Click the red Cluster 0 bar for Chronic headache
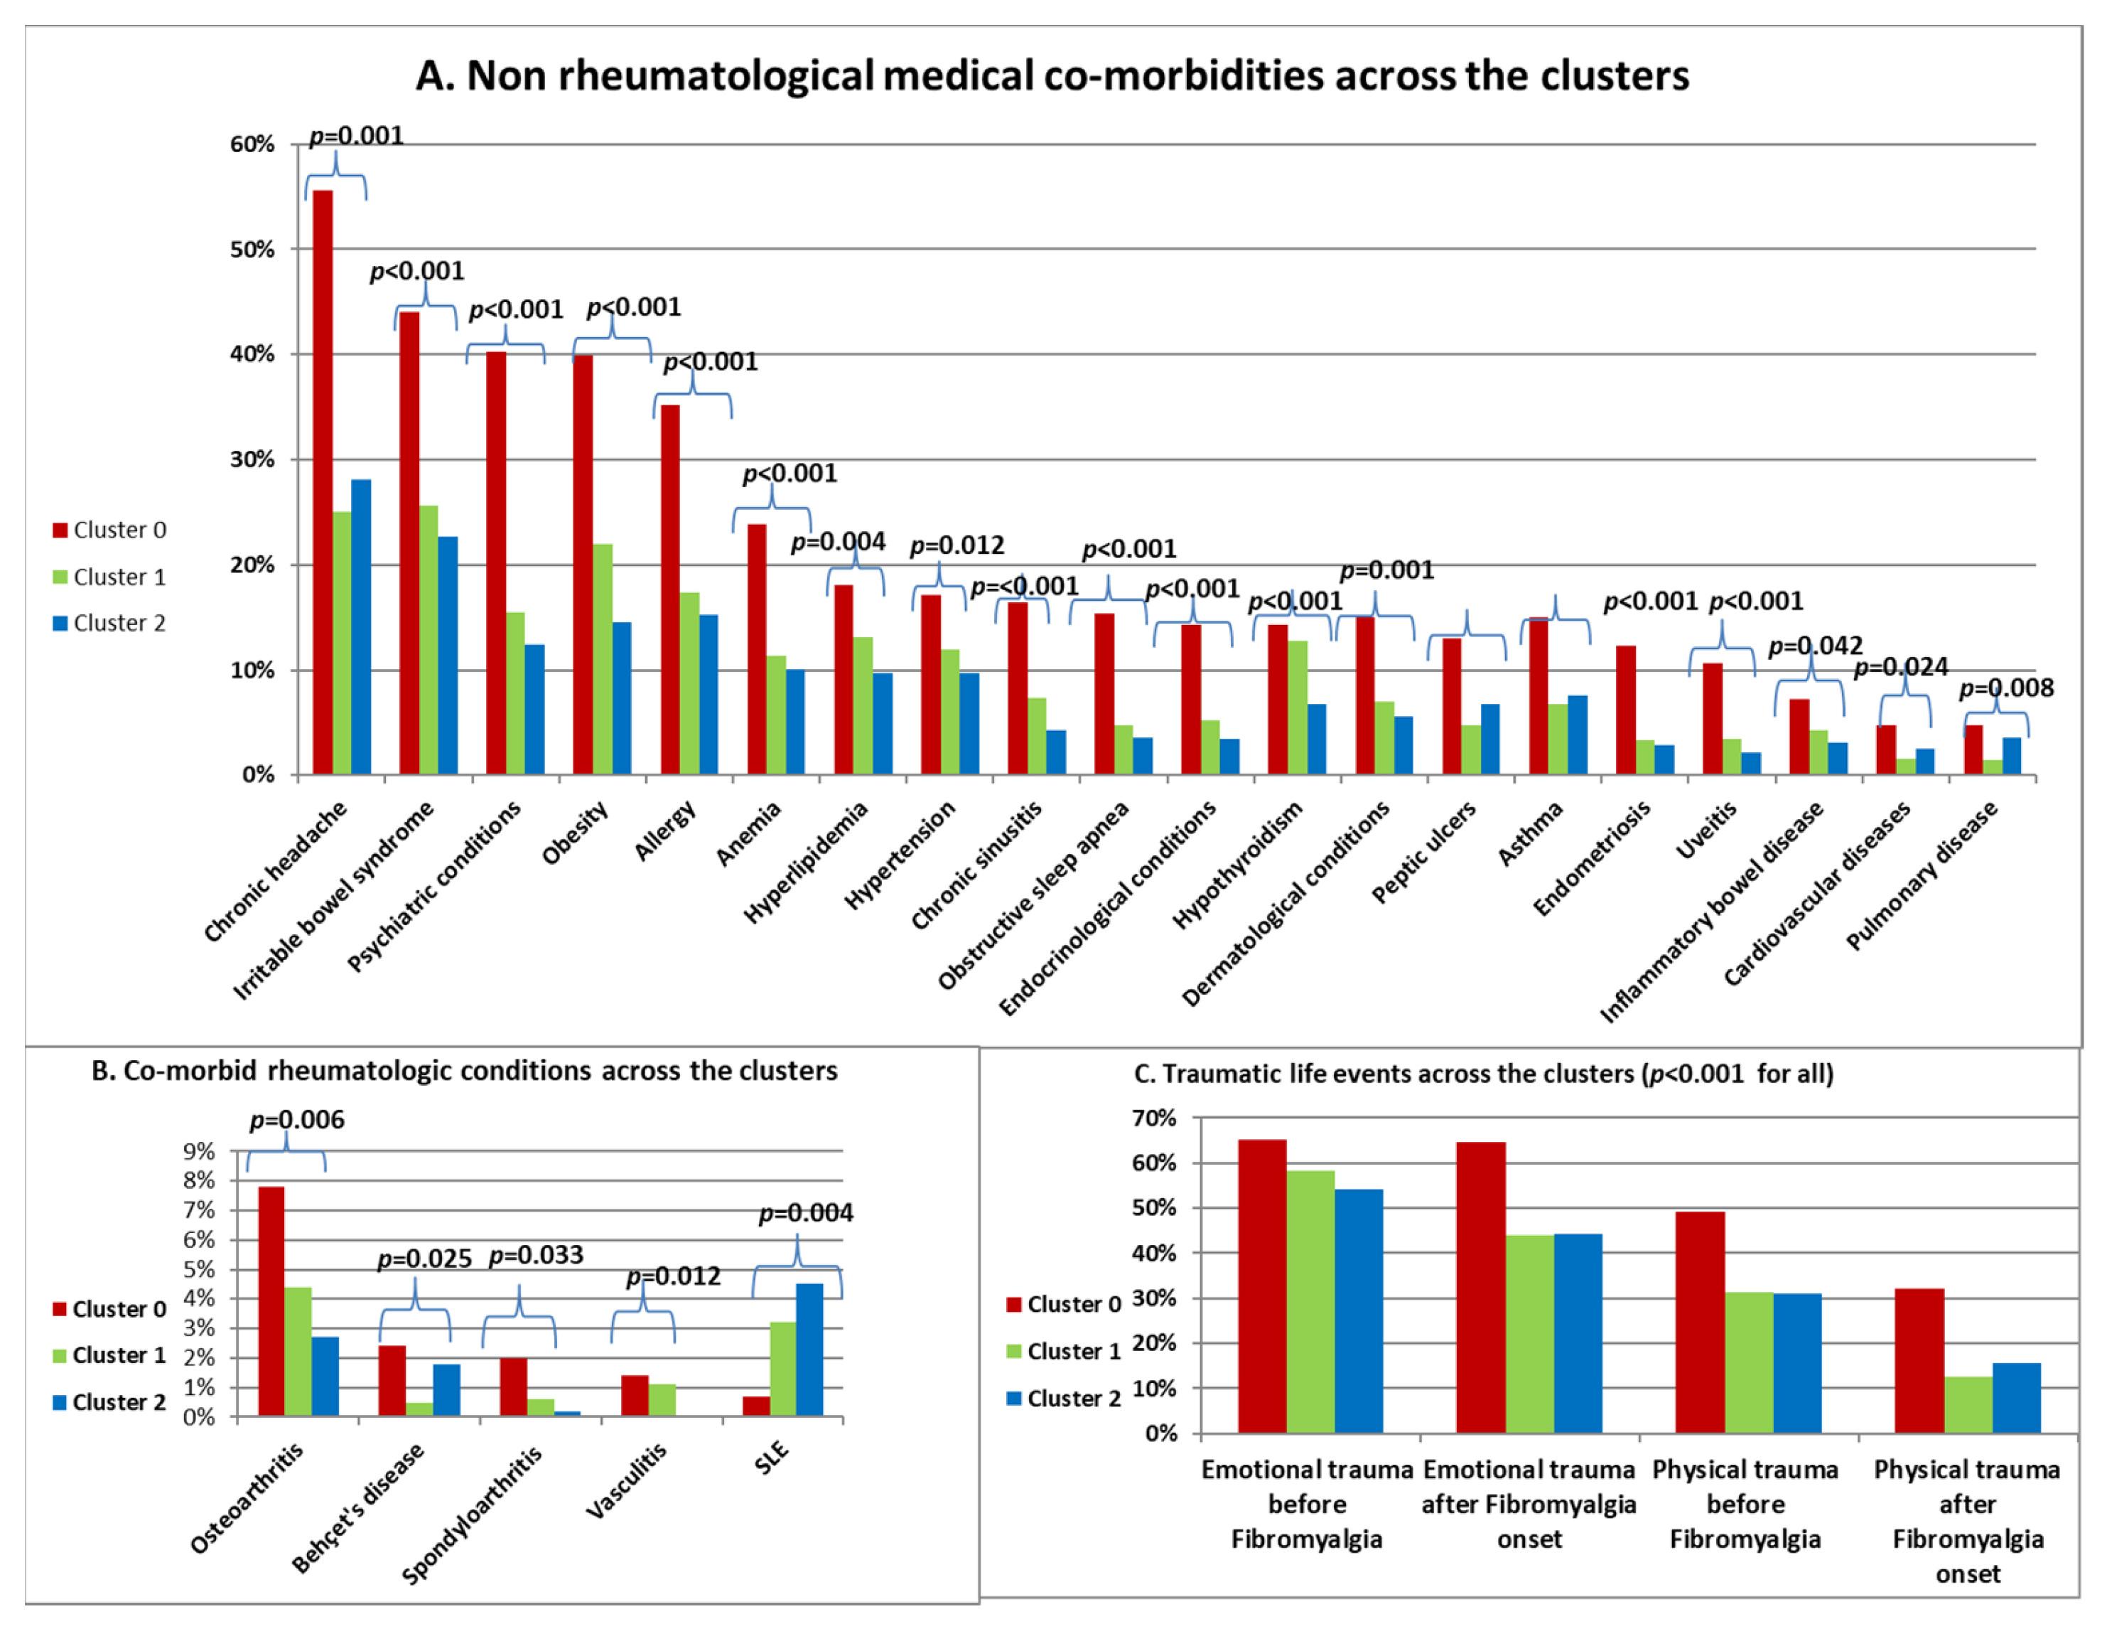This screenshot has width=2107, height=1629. tap(322, 483)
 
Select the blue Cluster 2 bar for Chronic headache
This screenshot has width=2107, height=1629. tap(361, 627)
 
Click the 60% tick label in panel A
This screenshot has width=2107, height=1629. tap(252, 145)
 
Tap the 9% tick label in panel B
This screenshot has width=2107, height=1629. tap(199, 1151)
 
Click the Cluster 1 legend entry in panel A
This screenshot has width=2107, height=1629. tap(109, 577)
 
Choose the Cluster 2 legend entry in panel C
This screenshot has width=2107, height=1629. tap(1063, 1399)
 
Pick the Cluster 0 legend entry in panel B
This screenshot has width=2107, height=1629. tap(109, 1310)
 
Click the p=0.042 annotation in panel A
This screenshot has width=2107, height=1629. tap(1815, 646)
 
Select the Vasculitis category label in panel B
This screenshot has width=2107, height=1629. tap(627, 1481)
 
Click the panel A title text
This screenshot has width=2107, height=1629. tap(1052, 75)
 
